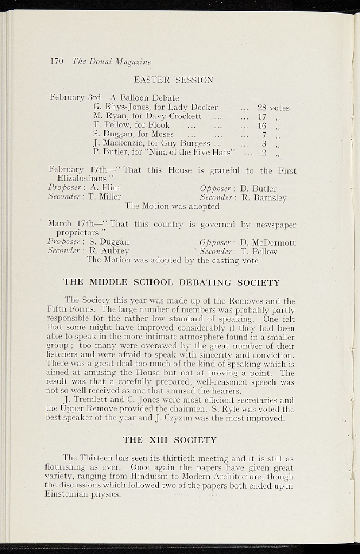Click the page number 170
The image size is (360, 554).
(57, 62)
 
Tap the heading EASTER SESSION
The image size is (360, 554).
(173, 80)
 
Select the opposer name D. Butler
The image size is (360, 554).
(258, 189)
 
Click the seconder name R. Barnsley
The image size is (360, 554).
(263, 197)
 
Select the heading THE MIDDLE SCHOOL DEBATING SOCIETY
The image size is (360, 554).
(171, 282)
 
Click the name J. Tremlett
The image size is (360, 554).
(84, 400)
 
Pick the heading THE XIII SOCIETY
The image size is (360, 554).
(169, 440)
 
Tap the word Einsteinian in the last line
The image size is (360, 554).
(68, 494)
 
